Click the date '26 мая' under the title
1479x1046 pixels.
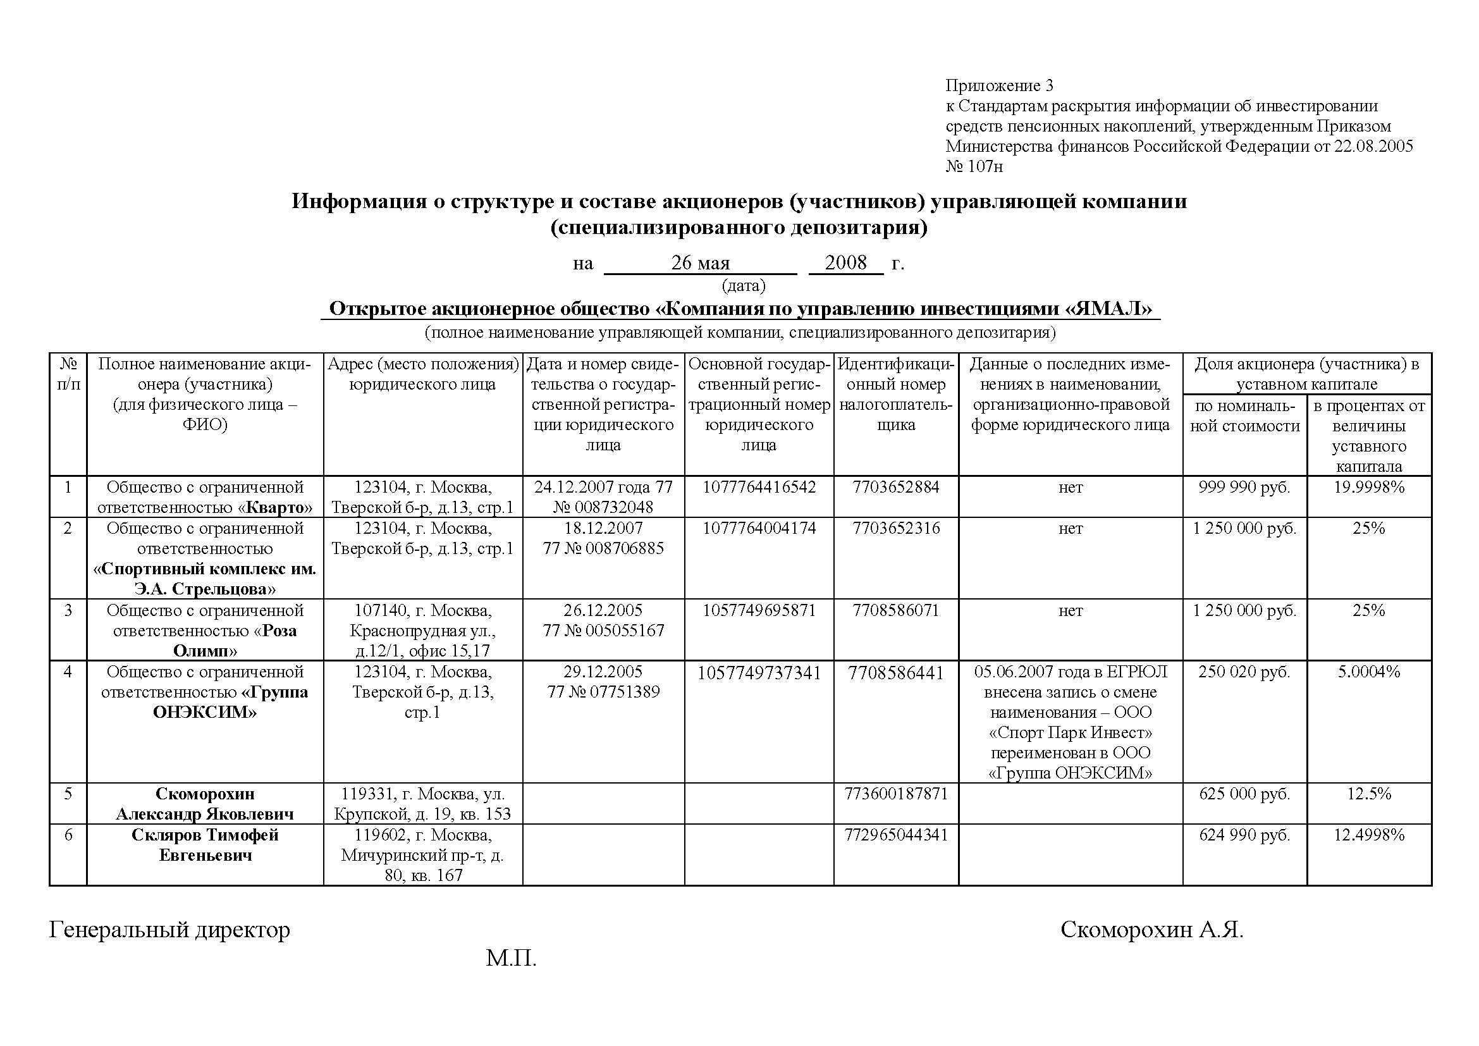point(700,263)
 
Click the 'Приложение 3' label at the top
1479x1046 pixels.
point(999,85)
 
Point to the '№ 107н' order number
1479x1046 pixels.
point(974,167)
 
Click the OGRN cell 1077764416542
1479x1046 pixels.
point(759,487)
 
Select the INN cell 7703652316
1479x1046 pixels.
point(896,528)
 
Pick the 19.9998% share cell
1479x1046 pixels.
point(1369,487)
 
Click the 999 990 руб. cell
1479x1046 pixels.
point(1244,487)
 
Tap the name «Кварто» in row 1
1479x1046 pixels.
point(279,508)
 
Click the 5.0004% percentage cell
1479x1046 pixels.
point(1369,672)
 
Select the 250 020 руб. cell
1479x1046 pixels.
point(1244,672)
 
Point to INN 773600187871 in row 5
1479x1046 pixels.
point(896,794)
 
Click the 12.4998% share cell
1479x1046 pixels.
point(1369,835)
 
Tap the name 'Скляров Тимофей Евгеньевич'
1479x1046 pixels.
point(205,845)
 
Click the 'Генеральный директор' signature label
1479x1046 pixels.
point(169,930)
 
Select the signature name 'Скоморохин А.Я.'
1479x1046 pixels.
point(1151,930)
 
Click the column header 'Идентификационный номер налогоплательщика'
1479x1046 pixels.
point(896,394)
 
